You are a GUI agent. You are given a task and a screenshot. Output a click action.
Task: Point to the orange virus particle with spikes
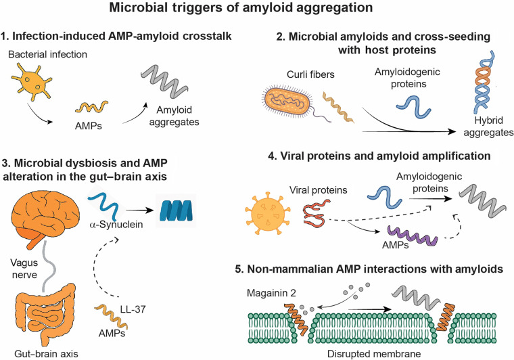[x=268, y=214]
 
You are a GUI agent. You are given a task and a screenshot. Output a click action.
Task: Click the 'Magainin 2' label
[x=271, y=293]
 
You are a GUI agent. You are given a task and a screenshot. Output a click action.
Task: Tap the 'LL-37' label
[x=133, y=309]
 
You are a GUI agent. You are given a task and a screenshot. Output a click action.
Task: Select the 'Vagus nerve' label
[x=24, y=269]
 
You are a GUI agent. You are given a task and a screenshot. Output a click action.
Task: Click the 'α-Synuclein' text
[x=116, y=225]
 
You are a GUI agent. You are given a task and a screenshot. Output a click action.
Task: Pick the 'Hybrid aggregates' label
[x=488, y=127]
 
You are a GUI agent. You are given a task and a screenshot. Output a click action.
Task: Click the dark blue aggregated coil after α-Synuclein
[x=176, y=210]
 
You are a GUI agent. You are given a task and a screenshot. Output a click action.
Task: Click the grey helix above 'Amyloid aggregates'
[x=165, y=81]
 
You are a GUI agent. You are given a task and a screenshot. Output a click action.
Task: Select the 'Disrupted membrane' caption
[x=374, y=354]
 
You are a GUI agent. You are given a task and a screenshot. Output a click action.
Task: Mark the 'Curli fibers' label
[x=310, y=74]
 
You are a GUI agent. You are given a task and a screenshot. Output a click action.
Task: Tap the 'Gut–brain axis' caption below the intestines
[x=46, y=354]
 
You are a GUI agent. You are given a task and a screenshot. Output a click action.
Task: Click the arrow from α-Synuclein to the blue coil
[x=140, y=210]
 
